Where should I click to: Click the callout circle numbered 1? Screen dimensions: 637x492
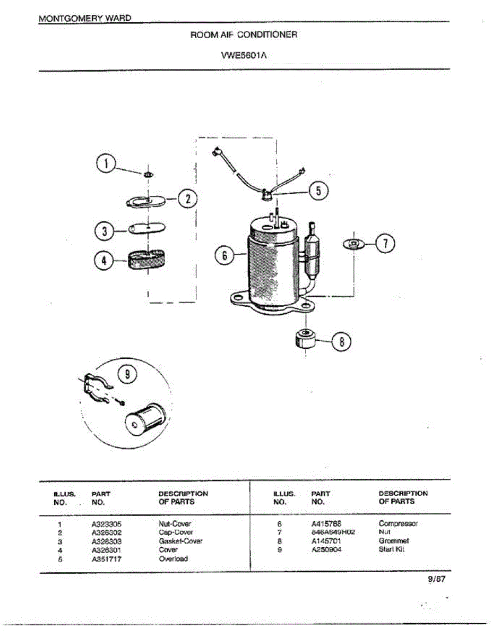pyautogui.click(x=106, y=163)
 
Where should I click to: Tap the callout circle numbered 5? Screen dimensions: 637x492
pyautogui.click(x=318, y=191)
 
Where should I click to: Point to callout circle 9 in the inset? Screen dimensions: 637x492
pyautogui.click(x=127, y=374)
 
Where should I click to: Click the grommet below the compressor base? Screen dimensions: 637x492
pyautogui.click(x=305, y=338)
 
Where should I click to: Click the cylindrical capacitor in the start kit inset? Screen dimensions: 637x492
pyautogui.click(x=145, y=418)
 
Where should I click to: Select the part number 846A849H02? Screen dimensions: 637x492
pyautogui.click(x=333, y=532)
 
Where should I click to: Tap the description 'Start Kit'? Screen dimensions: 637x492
pyautogui.click(x=392, y=549)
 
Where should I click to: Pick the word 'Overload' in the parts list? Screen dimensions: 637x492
pyautogui.click(x=173, y=558)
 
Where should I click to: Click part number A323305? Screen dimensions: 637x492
pyautogui.click(x=107, y=523)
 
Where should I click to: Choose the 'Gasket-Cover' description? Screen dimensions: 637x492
pyautogui.click(x=180, y=541)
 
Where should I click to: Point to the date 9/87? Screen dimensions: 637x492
pyautogui.click(x=436, y=580)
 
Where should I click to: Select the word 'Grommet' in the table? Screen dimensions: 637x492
pyautogui.click(x=394, y=541)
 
